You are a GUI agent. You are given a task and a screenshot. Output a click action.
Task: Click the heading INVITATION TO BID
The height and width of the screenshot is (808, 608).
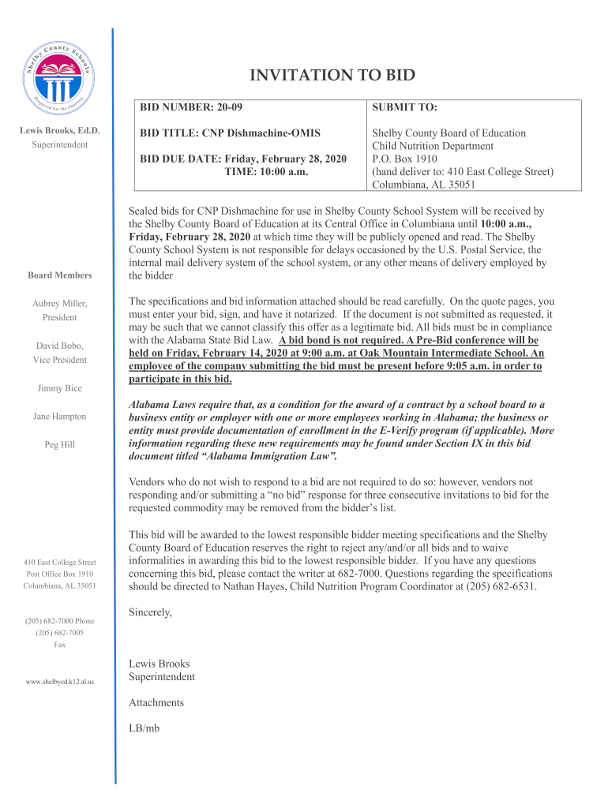coord(332,76)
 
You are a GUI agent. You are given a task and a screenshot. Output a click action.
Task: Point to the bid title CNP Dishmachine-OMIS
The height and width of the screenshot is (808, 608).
coord(231,133)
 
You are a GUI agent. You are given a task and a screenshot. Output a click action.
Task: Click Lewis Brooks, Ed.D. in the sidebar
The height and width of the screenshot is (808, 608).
coord(59,131)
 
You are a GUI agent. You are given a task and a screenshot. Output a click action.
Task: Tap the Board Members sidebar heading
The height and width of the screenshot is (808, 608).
coord(59,275)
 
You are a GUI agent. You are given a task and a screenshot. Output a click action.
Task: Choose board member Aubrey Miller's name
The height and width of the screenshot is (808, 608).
coord(60,304)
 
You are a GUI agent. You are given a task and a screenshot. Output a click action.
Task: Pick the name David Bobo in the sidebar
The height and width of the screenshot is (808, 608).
coord(59,346)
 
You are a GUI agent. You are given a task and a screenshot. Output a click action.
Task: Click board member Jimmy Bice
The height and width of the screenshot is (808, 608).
coord(59,388)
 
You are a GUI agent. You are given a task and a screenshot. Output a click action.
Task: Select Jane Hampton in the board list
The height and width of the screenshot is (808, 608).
coord(59,416)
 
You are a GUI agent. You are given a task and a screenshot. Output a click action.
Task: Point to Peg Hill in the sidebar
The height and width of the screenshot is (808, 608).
coord(59,445)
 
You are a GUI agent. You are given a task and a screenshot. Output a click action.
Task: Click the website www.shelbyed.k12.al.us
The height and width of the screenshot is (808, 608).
coord(59,681)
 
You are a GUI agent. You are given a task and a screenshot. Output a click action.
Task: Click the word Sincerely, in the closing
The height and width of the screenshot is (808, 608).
coord(150,612)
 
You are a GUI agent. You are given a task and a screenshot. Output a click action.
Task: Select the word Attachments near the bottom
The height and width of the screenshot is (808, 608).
coord(156,702)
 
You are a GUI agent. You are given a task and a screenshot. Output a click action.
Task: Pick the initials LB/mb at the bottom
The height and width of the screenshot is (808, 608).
coord(144,728)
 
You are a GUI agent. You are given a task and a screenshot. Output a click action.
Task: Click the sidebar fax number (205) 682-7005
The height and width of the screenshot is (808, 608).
coord(59,633)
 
